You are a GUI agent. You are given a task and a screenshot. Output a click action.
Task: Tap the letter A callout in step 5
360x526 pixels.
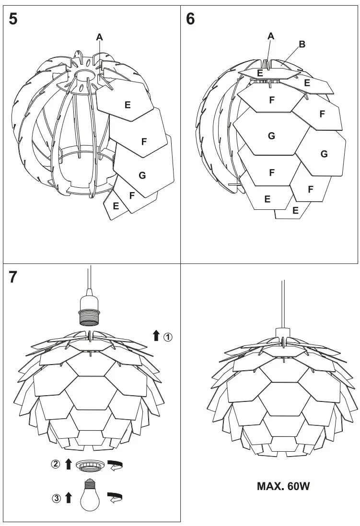tap(99, 36)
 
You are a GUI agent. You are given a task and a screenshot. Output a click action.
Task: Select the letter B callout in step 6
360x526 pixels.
tap(302, 44)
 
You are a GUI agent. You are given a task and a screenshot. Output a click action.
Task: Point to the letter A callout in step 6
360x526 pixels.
tap(271, 36)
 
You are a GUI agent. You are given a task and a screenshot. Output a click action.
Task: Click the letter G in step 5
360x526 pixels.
tap(142, 175)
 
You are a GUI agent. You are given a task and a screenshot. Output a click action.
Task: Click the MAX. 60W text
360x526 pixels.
tap(284, 487)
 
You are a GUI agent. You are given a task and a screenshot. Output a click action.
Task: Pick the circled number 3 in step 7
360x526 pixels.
tap(56, 499)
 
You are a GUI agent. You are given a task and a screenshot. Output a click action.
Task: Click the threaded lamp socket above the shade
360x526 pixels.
tap(90, 310)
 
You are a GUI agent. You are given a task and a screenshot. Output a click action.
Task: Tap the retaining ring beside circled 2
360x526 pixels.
tap(90, 464)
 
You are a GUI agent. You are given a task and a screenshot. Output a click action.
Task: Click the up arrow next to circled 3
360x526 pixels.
tap(68, 498)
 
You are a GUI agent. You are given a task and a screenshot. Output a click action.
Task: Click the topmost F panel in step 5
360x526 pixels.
tap(144, 141)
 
